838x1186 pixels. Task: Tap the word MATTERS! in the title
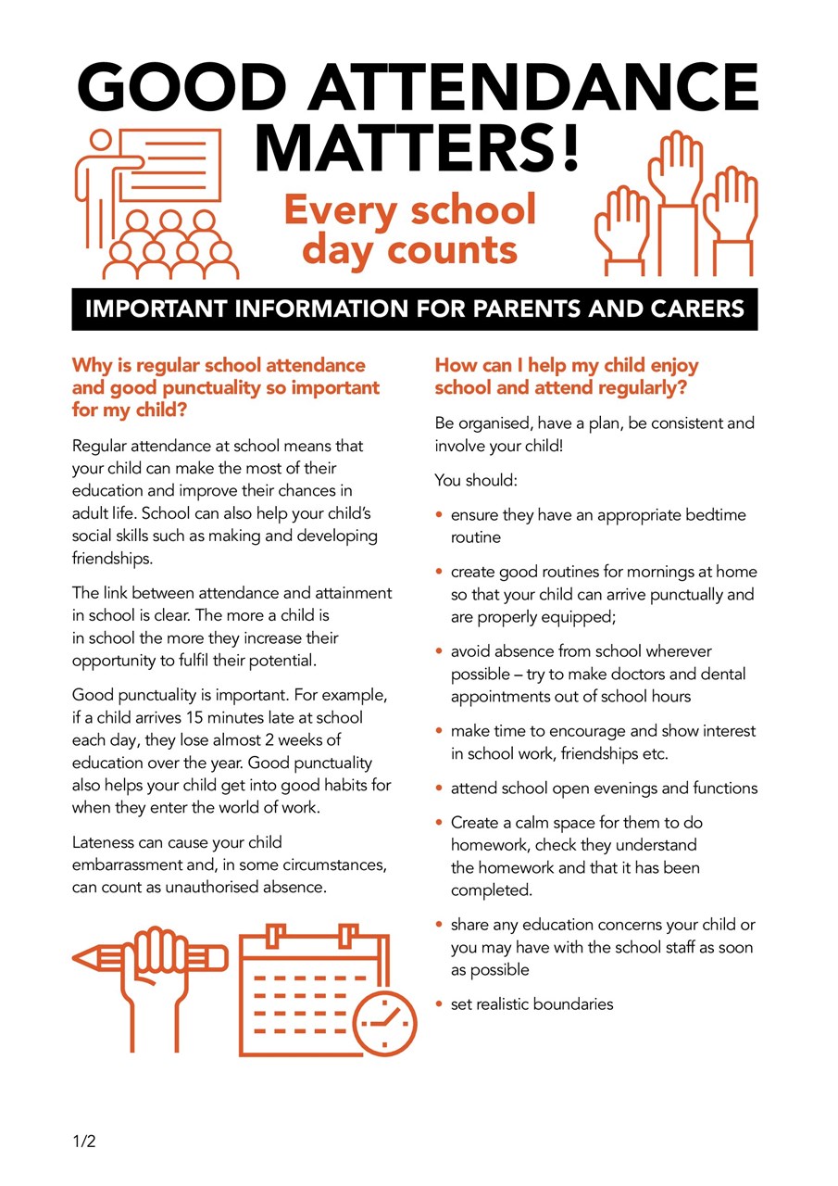tap(418, 146)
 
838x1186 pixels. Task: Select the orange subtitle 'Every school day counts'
tap(410, 229)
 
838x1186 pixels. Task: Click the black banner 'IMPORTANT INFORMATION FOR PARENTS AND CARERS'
tap(415, 309)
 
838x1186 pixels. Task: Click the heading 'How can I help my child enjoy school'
tap(567, 376)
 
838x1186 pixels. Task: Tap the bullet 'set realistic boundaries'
tap(532, 1003)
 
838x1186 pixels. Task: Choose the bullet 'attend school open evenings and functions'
tap(604, 789)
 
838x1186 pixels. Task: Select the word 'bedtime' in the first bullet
tap(715, 514)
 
